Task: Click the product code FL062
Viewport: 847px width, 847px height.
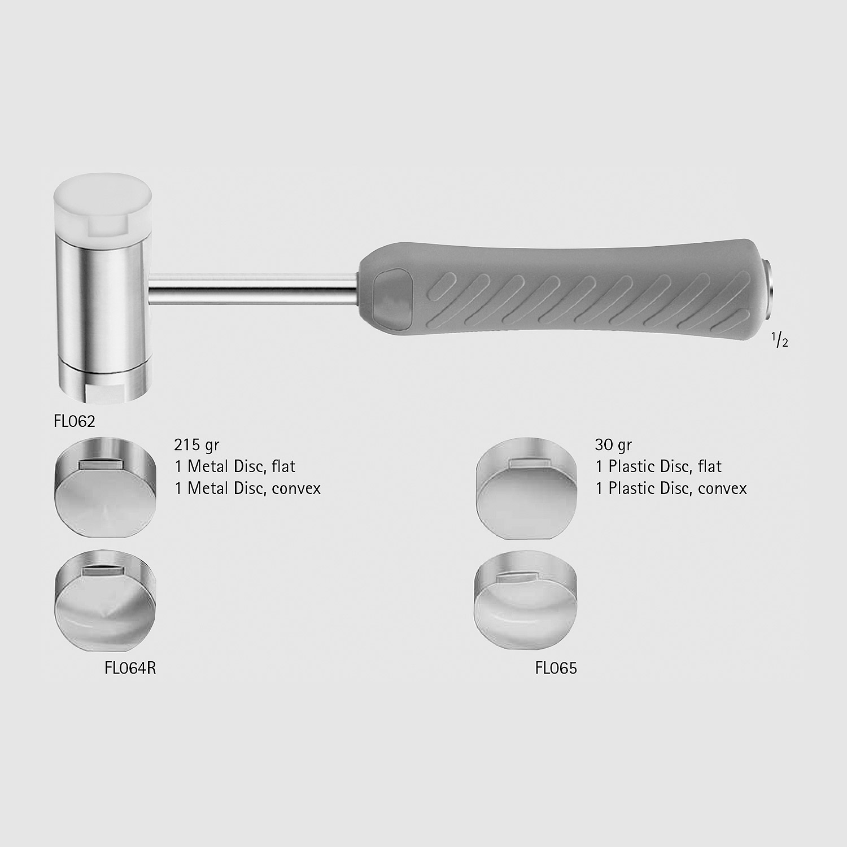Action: (75, 421)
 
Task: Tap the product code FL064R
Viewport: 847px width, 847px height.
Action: (130, 668)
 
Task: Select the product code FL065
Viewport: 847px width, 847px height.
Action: (556, 668)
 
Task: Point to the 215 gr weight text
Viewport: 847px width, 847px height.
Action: (197, 445)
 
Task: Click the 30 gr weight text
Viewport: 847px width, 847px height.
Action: (613, 445)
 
